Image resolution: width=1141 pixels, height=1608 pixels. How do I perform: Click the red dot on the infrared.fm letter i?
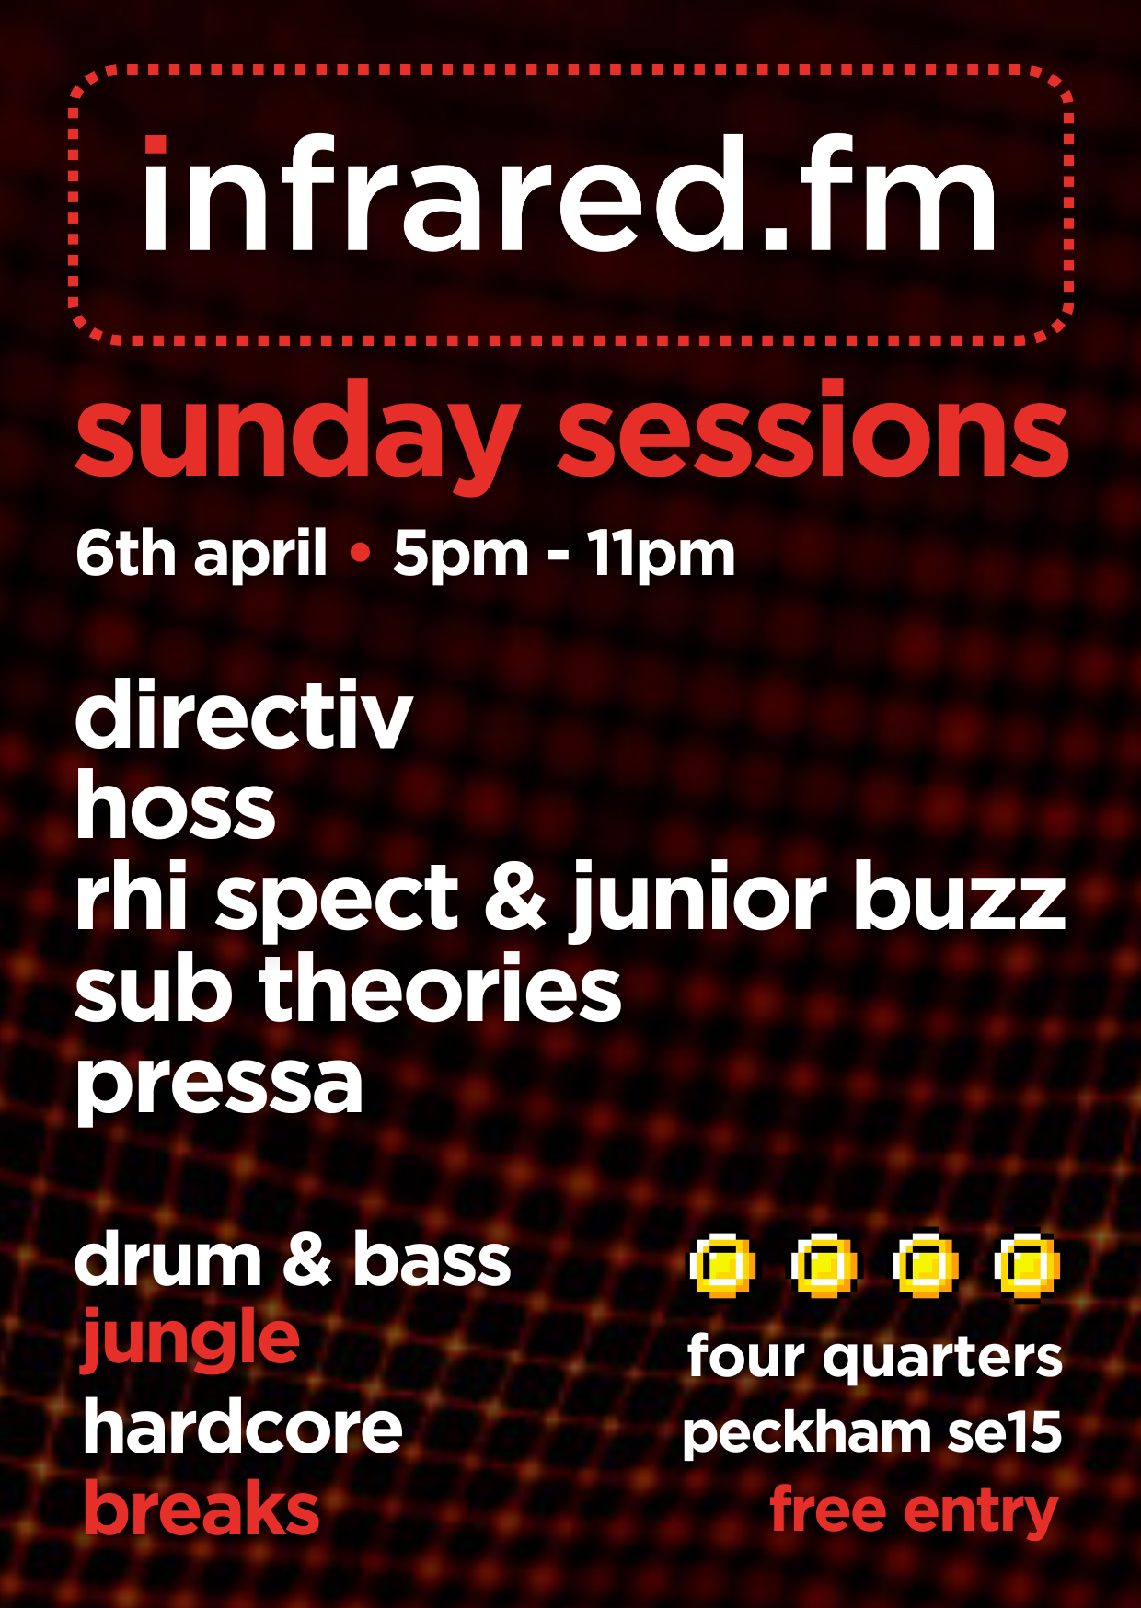click(155, 145)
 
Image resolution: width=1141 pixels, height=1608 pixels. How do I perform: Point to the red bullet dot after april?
click(361, 553)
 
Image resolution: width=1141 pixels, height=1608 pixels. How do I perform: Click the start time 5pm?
click(460, 556)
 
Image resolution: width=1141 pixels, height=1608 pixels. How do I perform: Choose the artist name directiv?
click(244, 716)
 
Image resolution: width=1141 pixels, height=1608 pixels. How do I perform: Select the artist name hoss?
click(176, 806)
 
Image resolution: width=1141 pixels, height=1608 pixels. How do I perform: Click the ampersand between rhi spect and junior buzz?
click(515, 898)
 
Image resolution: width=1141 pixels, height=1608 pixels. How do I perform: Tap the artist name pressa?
click(219, 1085)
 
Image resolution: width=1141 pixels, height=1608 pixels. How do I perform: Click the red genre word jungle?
click(191, 1341)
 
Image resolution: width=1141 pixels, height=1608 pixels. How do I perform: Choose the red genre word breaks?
click(202, 1509)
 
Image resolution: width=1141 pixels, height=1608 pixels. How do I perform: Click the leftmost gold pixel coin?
click(723, 1267)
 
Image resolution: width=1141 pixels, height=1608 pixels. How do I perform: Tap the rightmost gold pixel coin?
click(1028, 1267)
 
